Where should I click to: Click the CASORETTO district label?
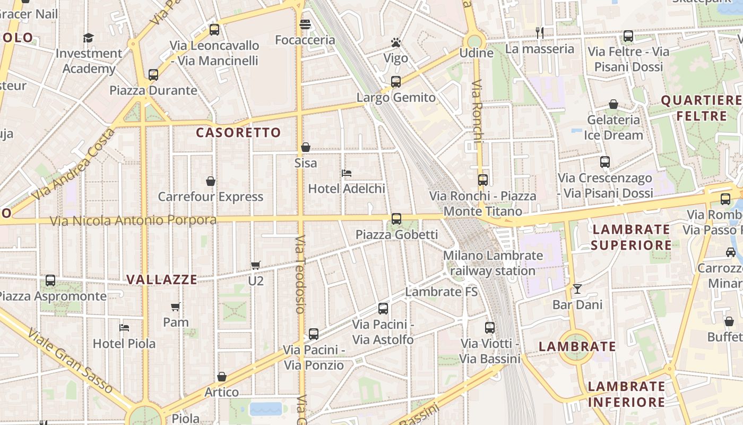[x=238, y=133]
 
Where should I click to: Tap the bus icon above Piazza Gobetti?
[x=396, y=219]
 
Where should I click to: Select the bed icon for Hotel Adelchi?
[x=347, y=173]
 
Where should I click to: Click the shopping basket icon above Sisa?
[x=306, y=147]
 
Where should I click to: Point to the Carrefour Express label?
[x=211, y=197]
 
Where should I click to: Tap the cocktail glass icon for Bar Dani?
[x=577, y=289]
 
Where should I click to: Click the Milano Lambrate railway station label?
[x=493, y=263]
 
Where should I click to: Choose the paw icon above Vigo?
[x=396, y=42]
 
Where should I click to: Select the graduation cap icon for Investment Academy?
[x=88, y=38]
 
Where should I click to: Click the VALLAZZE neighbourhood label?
[x=162, y=279]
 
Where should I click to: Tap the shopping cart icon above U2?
[x=256, y=265]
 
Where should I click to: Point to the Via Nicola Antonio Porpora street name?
[x=133, y=220]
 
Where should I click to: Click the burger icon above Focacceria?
[x=305, y=24]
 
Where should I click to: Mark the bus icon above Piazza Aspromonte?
[x=50, y=280]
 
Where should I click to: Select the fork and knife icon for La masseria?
[x=540, y=33]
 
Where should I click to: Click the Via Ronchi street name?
[x=478, y=112]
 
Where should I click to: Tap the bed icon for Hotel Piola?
[x=124, y=328]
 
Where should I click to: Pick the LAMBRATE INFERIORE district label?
[x=626, y=394]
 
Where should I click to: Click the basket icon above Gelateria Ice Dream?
[x=614, y=105]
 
